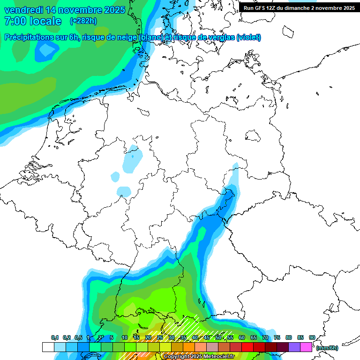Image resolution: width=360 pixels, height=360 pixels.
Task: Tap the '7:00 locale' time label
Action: pos(33,21)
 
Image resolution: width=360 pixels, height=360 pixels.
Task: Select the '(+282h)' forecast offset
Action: pos(83,21)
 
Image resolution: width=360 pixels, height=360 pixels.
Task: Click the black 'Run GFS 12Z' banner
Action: pos(299,8)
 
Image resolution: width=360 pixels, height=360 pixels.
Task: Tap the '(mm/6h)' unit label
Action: pos(327,348)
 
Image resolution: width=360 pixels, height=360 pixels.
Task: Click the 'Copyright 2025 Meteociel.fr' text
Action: pos(199,357)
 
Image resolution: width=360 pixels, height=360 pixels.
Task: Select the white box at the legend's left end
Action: pos(48,347)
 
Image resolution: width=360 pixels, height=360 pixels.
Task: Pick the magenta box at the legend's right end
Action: pos(306,347)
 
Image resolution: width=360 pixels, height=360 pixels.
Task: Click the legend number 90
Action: pos(312,337)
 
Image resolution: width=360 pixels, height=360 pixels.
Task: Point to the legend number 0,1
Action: pos(54,337)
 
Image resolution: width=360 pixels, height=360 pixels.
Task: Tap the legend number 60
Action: pos(242,337)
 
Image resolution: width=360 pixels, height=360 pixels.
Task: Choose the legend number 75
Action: pos(277,337)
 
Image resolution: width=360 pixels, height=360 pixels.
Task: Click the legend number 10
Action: pos(125,337)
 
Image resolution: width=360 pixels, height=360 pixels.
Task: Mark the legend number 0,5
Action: pos(78,337)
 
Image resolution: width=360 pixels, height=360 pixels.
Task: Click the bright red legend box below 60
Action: pos(247,347)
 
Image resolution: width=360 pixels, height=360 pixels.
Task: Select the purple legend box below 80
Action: pos(294,347)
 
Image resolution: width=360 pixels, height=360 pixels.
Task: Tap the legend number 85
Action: pos(300,337)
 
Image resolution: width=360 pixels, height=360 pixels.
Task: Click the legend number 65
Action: pos(254,337)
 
